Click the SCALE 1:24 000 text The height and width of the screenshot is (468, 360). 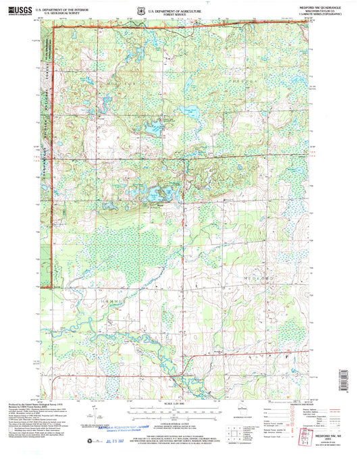pyautogui.click(x=179, y=405)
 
